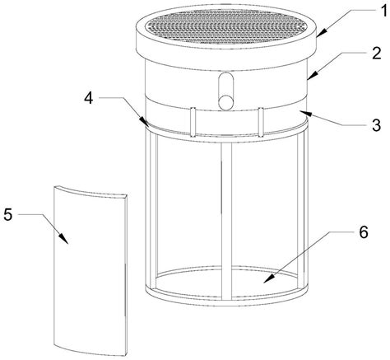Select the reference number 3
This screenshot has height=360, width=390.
click(x=376, y=125)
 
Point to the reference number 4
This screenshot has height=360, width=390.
click(x=89, y=98)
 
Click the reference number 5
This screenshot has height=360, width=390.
click(x=8, y=214)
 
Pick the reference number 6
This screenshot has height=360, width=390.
click(x=363, y=232)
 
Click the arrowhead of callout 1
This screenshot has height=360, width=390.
click(x=320, y=32)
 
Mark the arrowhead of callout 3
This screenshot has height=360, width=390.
click(x=305, y=113)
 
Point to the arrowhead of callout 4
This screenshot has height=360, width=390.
click(x=145, y=122)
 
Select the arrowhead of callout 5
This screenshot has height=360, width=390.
click(x=64, y=238)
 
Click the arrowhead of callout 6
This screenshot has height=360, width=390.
click(x=269, y=278)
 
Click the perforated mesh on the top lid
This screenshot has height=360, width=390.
click(x=226, y=26)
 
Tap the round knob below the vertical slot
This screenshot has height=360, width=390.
click(x=225, y=101)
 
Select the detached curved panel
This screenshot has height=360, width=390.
click(x=91, y=270)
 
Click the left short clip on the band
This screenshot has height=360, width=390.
click(x=193, y=122)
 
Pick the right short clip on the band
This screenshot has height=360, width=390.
click(x=261, y=122)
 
